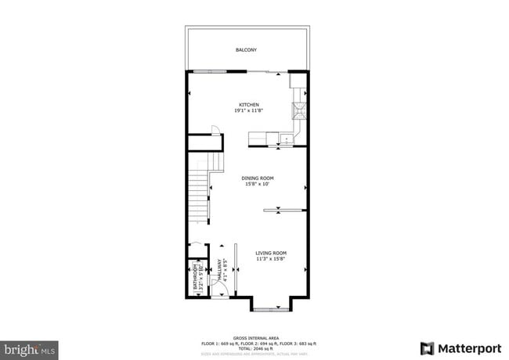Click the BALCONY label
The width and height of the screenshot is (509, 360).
click(246, 50)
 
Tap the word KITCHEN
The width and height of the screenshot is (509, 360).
click(249, 105)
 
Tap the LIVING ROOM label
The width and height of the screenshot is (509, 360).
click(271, 253)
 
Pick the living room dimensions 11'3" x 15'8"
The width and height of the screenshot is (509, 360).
click(271, 259)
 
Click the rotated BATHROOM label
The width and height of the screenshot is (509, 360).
click(195, 277)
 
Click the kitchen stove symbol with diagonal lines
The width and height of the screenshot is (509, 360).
click(298, 110)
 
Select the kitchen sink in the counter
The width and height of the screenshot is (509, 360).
click(287, 140)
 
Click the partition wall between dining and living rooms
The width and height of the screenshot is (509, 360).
click(283, 210)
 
